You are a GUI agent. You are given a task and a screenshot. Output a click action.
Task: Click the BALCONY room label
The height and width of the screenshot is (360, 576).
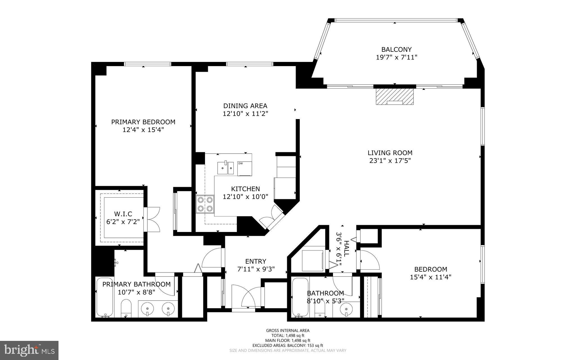click(396, 50)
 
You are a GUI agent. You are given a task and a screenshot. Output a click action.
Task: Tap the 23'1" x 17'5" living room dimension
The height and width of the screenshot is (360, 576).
click(390, 161)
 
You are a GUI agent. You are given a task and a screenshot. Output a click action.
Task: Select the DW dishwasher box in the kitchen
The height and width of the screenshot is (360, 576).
click(244, 168)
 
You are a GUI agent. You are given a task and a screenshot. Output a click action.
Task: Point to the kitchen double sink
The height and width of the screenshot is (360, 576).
click(225, 168)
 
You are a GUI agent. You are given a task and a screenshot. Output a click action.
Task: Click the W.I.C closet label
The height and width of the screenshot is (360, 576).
click(123, 214)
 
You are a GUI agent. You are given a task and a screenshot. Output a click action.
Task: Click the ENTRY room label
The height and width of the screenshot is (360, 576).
click(255, 261)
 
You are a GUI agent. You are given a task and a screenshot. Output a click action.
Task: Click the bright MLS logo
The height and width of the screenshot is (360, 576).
click(29, 350)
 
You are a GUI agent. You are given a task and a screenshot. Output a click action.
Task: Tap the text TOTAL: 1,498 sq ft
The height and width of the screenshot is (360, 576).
click(287, 336)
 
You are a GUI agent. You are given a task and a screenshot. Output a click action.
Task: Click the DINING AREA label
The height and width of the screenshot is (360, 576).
click(245, 106)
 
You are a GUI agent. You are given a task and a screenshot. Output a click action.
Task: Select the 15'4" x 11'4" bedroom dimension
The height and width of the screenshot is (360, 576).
click(430, 277)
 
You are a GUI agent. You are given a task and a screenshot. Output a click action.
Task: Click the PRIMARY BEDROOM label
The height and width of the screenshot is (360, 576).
click(143, 122)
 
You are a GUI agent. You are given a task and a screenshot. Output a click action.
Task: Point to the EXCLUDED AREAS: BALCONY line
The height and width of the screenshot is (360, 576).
click(287, 345)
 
